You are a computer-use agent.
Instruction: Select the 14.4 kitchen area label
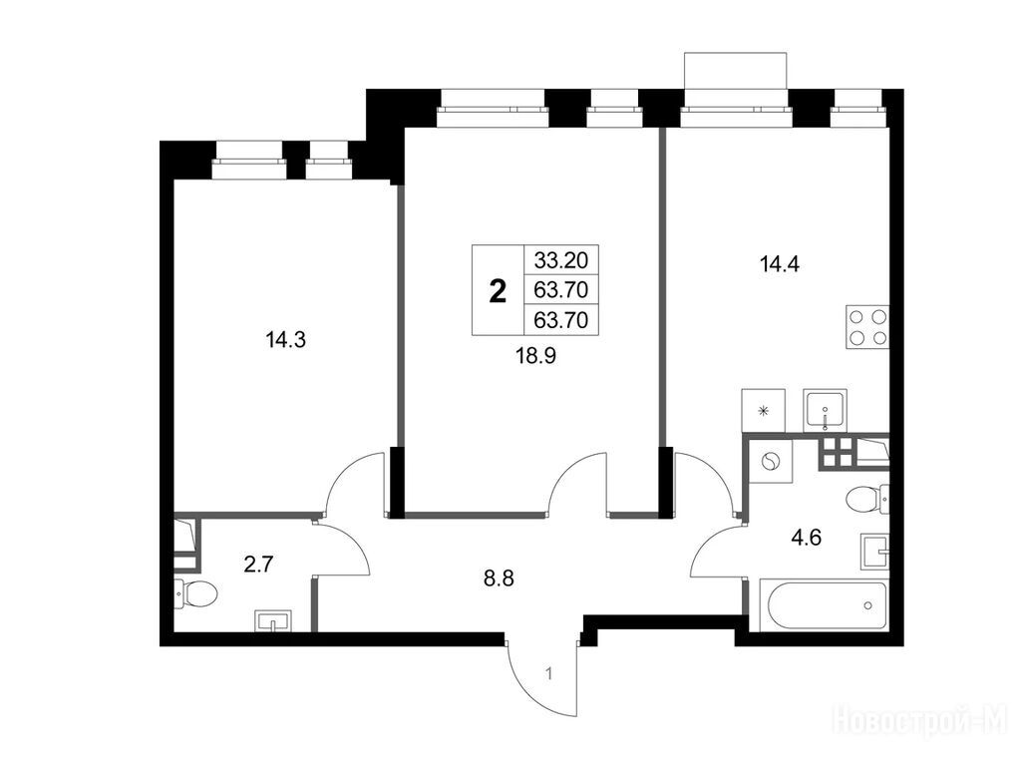(x=780, y=264)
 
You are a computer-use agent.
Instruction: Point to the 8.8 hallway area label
(x=499, y=577)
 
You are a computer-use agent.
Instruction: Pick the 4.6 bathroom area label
(x=807, y=538)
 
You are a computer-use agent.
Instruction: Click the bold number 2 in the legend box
(x=498, y=290)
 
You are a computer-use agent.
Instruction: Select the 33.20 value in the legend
(x=560, y=260)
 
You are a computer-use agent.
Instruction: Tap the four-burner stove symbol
(x=867, y=327)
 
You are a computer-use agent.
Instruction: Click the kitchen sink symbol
(x=826, y=410)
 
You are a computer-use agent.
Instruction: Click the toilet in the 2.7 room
(x=195, y=593)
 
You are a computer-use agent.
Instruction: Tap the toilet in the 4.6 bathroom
(x=867, y=500)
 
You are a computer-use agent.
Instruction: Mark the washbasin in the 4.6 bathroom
(x=874, y=551)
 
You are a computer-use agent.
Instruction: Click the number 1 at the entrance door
(x=550, y=674)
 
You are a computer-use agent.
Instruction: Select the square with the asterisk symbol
(x=764, y=410)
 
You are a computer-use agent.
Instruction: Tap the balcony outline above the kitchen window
(x=737, y=71)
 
